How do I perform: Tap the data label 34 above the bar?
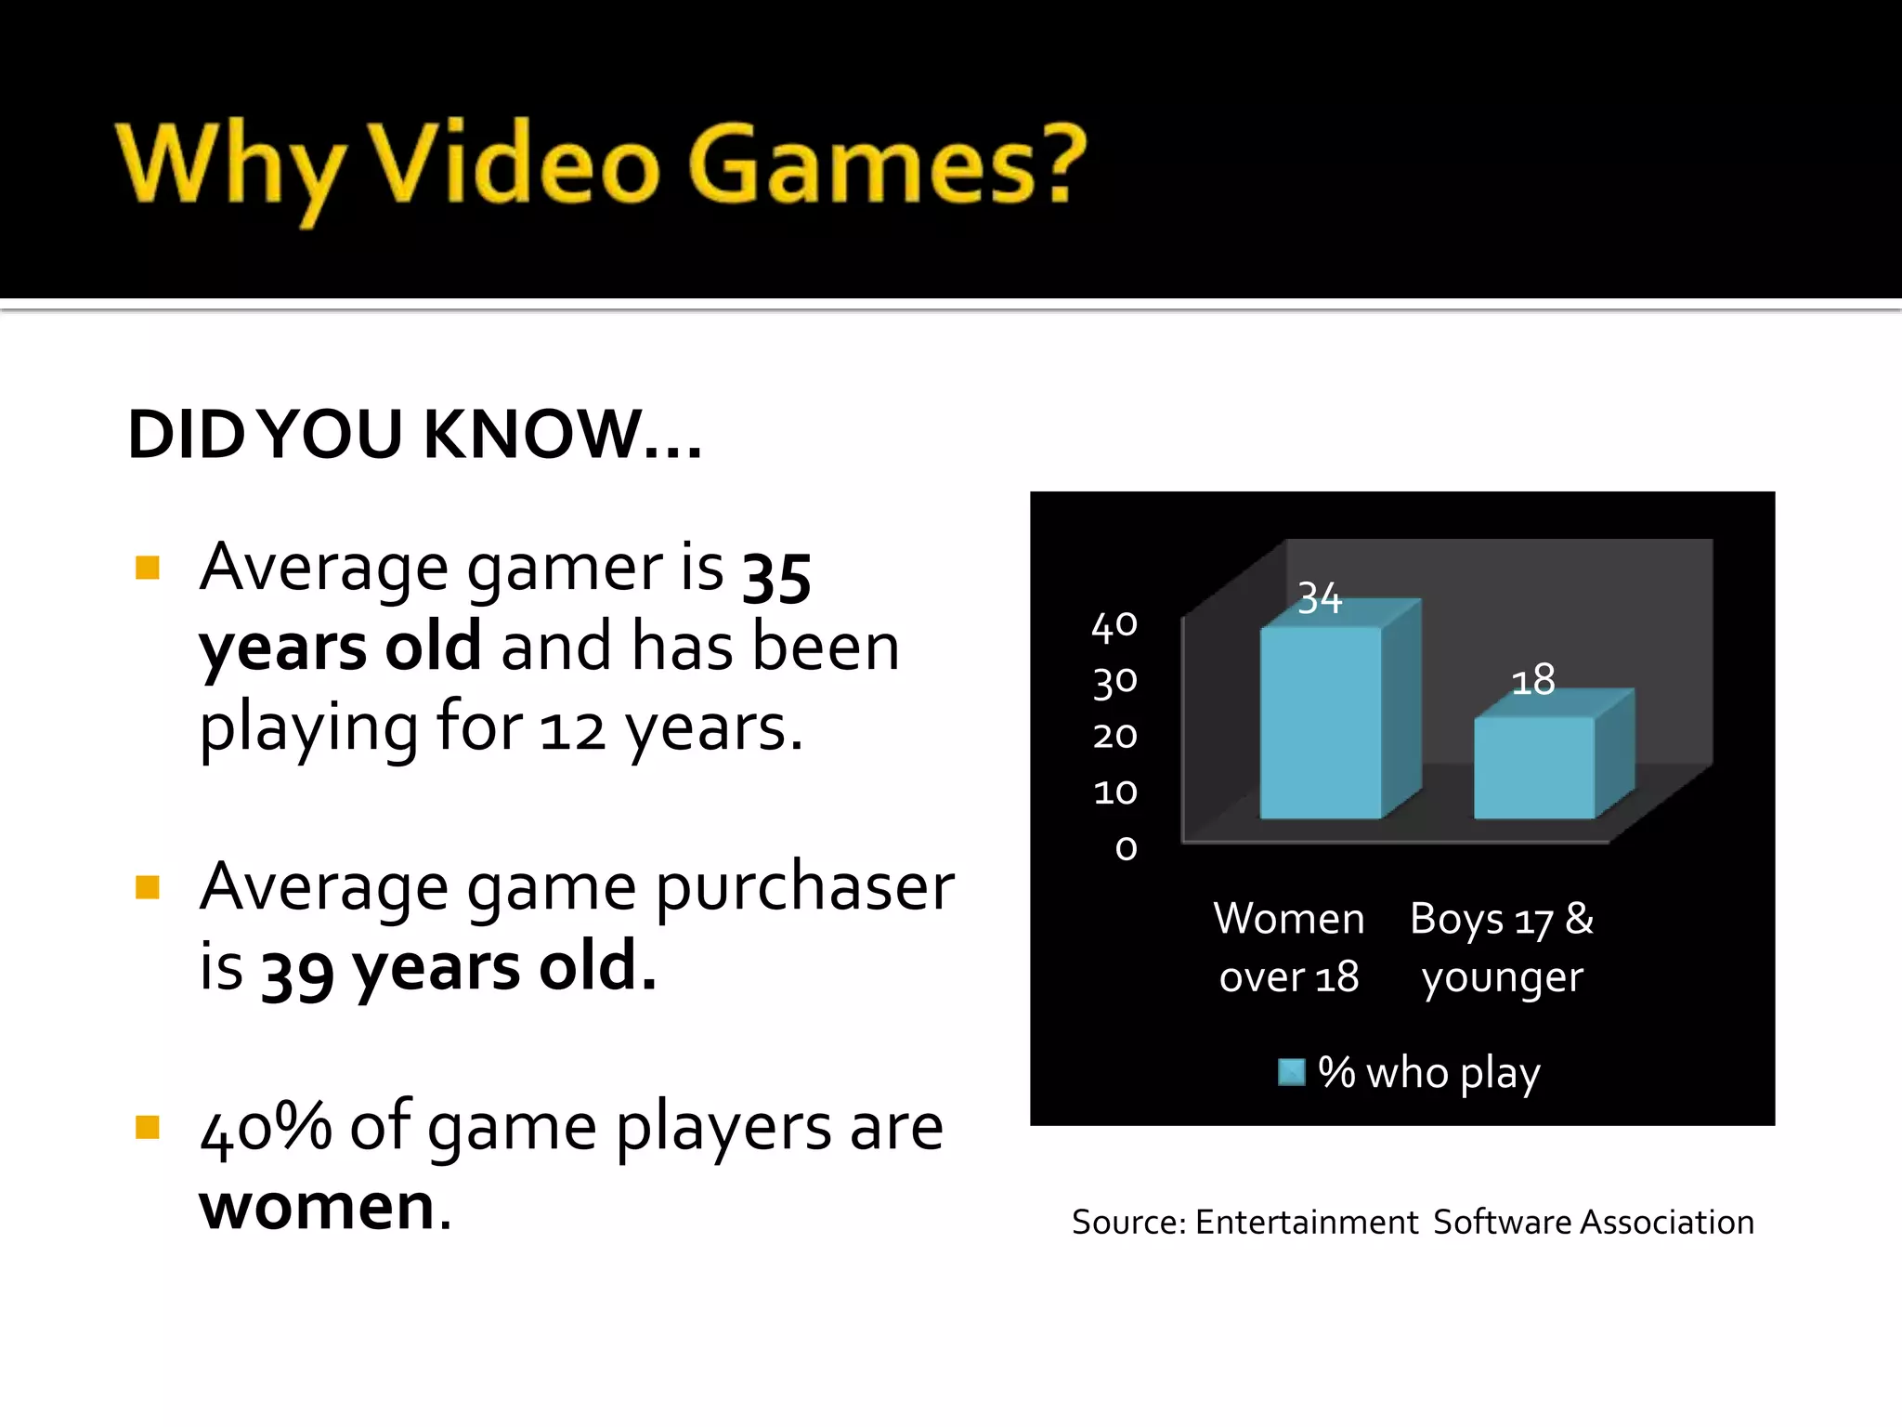tap(1320, 597)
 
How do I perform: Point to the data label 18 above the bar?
tap(1532, 680)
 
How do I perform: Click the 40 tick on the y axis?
tap(1114, 626)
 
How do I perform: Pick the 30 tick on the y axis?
tap(1114, 682)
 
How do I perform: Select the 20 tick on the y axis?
tap(1114, 737)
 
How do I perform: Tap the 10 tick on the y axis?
tap(1114, 792)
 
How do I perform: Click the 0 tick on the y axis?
tap(1126, 848)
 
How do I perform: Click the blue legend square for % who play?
tap(1291, 1072)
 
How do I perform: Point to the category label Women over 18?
tap(1289, 947)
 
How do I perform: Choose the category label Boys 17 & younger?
tap(1502, 947)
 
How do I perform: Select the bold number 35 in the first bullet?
tap(776, 576)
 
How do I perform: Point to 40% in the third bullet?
tap(266, 1127)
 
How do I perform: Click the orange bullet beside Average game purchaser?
tap(148, 887)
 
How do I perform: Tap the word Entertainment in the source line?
tap(1307, 1222)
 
